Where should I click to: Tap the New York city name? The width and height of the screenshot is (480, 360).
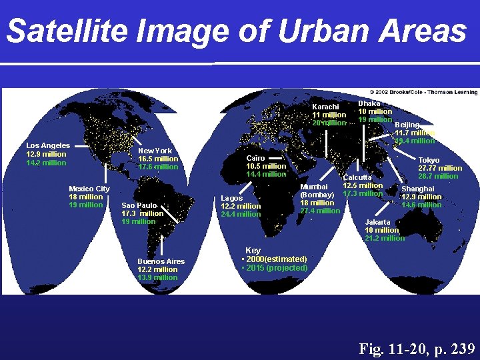point(155,151)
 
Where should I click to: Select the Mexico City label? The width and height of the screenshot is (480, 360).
point(89,189)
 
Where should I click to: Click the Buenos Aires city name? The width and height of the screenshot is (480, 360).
point(161,261)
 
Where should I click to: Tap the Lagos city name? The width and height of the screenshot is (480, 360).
point(232,198)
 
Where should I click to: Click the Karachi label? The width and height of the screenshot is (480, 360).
point(325,107)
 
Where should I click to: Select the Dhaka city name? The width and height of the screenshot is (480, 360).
point(369,103)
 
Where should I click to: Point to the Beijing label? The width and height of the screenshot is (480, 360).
point(407,125)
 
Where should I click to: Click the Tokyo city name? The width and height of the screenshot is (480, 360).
point(429,160)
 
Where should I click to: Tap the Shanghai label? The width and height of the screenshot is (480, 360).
point(417,189)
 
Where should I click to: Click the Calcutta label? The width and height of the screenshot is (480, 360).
point(359,177)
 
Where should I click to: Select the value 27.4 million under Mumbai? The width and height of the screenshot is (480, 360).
point(320,211)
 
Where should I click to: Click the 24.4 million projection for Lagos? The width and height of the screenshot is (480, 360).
point(241,214)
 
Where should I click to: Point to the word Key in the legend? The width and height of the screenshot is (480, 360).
point(253,251)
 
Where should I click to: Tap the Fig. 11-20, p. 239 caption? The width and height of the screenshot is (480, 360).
point(417,348)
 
